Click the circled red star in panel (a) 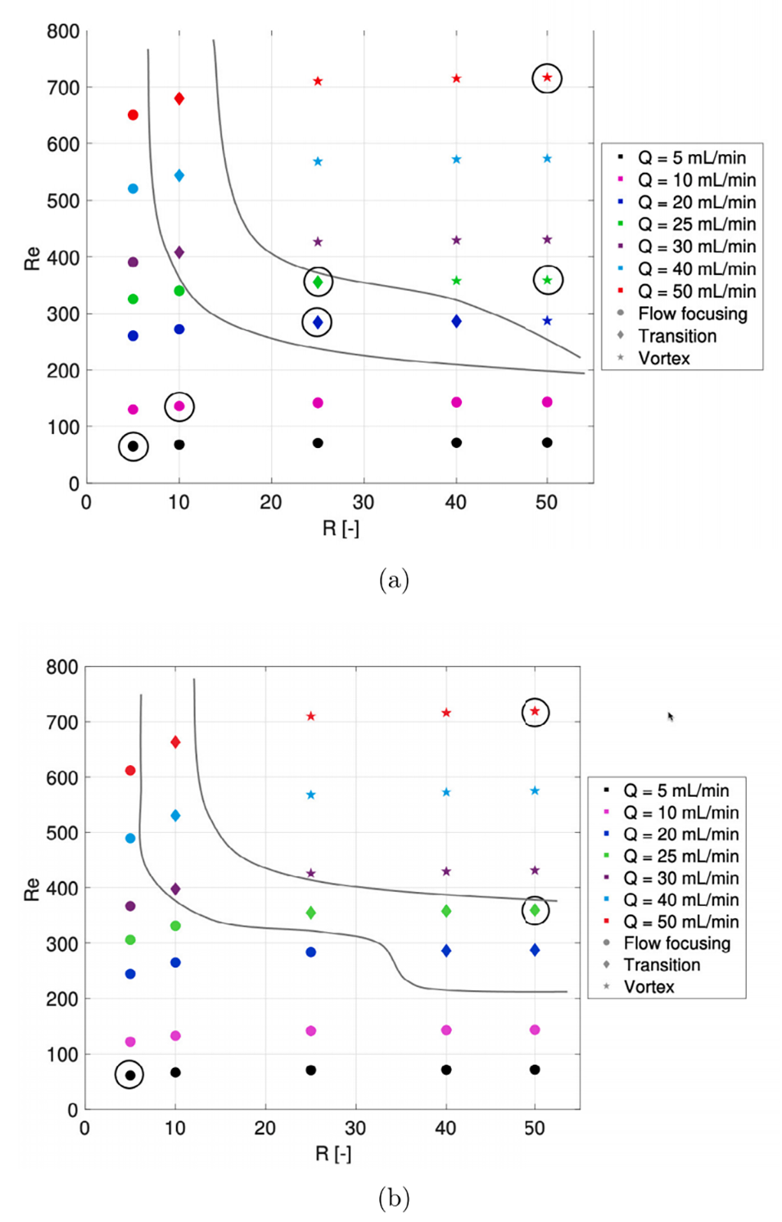(547, 78)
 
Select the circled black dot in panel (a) (133, 446)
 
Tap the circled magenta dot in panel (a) (179, 406)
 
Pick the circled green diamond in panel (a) (318, 282)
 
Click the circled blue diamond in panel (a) (318, 323)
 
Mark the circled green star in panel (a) (548, 280)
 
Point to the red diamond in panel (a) (179, 98)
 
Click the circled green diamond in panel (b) (535, 910)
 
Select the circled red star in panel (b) (535, 712)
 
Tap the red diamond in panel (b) (175, 742)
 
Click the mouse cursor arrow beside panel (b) (670, 716)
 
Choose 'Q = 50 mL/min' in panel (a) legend (696, 292)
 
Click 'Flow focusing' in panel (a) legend (692, 314)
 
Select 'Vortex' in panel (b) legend (649, 986)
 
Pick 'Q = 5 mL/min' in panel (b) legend (676, 790)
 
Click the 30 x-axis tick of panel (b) (355, 1128)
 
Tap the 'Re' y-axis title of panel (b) (32, 889)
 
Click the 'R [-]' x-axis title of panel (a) (341, 528)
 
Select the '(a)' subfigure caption (394, 580)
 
